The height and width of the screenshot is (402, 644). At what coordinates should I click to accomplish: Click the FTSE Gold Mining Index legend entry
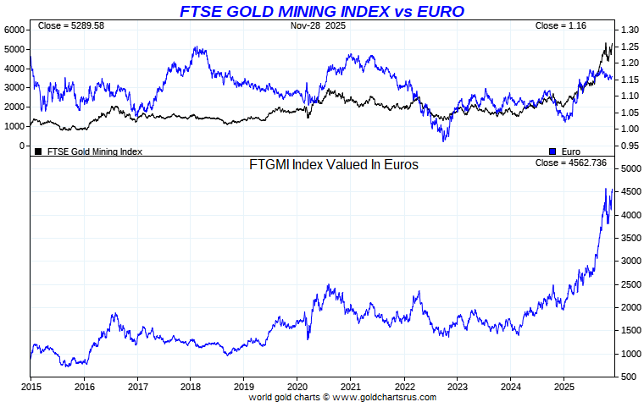[x=93, y=151]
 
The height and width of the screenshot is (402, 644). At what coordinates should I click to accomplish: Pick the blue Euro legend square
[x=552, y=151]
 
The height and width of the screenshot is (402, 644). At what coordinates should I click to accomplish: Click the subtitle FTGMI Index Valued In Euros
[x=333, y=165]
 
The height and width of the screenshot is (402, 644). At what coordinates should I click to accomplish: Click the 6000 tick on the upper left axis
[x=16, y=30]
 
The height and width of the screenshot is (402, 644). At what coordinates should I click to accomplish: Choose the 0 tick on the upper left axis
[x=24, y=146]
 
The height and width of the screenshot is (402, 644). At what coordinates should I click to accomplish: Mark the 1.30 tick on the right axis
[x=628, y=30]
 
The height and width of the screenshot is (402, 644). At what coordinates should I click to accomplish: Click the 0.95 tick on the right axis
[x=628, y=146]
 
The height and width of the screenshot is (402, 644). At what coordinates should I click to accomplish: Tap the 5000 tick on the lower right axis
[x=629, y=169]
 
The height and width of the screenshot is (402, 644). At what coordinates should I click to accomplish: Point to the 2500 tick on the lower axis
[x=629, y=284]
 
